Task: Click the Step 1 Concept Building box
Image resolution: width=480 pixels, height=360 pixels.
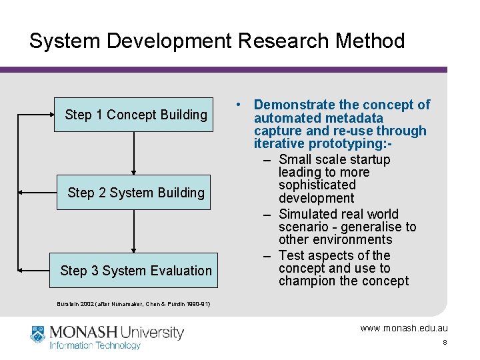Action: pyautogui.click(x=136, y=115)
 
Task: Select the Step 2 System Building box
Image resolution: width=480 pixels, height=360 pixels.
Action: pyautogui.click(x=136, y=193)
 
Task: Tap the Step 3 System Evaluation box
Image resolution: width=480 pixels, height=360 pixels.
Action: pyautogui.click(x=136, y=271)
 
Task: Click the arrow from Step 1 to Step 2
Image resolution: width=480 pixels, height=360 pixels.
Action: pyautogui.click(x=134, y=153)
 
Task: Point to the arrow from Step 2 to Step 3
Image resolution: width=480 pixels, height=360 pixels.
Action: pyautogui.click(x=134, y=231)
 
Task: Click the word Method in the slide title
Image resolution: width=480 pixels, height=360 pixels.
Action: pyautogui.click(x=370, y=41)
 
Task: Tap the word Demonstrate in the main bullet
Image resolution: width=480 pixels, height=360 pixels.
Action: pyautogui.click(x=294, y=105)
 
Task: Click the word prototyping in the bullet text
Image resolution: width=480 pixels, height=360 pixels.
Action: pyautogui.click(x=353, y=144)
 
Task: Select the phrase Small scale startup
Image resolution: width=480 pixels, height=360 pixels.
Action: pyautogui.click(x=335, y=159)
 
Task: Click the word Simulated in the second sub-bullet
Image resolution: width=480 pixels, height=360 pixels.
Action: pyautogui.click(x=309, y=214)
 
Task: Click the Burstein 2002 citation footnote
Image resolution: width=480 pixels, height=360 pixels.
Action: pyautogui.click(x=133, y=304)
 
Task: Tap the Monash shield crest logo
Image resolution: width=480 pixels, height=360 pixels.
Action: pyautogui.click(x=38, y=334)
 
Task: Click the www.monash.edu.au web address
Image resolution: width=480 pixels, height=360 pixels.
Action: pyautogui.click(x=404, y=328)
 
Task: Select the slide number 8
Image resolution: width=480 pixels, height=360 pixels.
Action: pyautogui.click(x=444, y=343)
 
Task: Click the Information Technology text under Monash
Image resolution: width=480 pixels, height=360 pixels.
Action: pyautogui.click(x=95, y=345)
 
